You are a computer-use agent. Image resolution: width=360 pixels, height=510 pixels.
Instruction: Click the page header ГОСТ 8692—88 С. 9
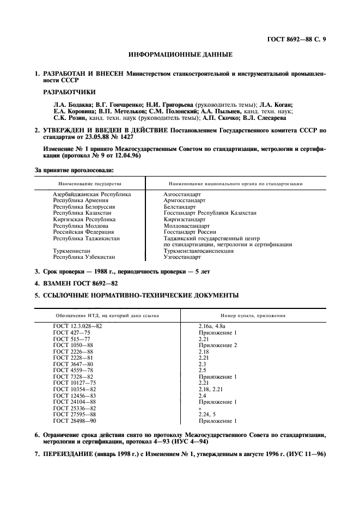[x=296, y=39]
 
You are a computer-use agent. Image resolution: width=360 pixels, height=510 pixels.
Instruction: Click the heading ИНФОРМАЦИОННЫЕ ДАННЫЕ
[x=180, y=54]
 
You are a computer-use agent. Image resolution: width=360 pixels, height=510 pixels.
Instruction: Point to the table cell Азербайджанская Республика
[x=91, y=193]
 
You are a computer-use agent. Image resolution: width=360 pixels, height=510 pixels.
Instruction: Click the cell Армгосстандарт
[x=184, y=200]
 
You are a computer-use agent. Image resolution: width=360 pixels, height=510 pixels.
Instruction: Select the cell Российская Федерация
[x=84, y=232]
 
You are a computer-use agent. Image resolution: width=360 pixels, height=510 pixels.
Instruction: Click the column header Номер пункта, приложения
[x=253, y=315]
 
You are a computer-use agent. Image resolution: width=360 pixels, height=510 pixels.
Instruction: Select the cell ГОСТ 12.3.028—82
[x=77, y=326]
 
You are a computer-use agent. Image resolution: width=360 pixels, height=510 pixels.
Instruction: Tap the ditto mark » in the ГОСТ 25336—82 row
[x=200, y=409]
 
